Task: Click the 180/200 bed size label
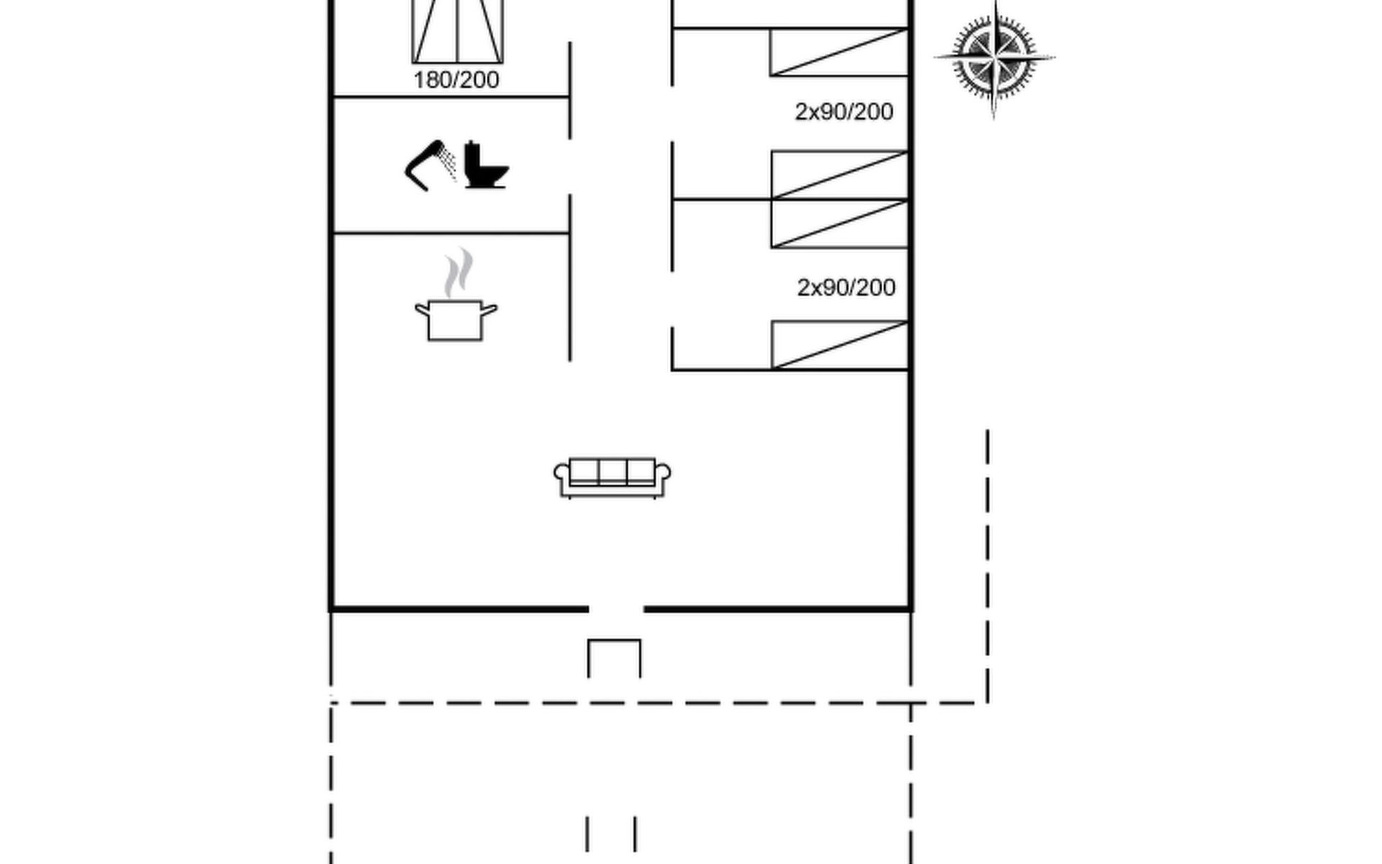456,80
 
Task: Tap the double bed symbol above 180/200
458,32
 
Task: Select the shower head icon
430,166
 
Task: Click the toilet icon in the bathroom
486,165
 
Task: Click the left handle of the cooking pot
422,310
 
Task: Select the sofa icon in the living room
613,477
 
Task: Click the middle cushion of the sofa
613,471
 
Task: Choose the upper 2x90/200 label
844,112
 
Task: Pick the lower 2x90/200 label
846,287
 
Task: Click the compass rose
995,58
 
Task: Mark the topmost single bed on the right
839,52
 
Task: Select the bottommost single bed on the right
840,345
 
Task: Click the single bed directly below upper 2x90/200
840,175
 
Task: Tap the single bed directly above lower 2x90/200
840,224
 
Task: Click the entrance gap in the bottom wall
616,609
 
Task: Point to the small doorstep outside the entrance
615,658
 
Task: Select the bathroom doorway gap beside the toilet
570,166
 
